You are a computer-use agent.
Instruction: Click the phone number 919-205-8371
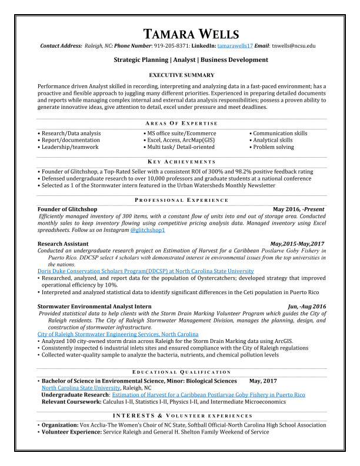171,45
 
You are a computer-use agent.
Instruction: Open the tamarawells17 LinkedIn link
235,45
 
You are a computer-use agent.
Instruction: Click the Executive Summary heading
181,75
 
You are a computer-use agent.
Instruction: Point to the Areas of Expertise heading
181,124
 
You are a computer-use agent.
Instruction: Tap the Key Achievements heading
181,162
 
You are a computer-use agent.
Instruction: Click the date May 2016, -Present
298,209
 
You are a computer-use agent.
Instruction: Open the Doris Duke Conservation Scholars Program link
138,271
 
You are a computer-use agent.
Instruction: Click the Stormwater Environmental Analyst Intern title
95,307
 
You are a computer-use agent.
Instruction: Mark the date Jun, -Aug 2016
306,307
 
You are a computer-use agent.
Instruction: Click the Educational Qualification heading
181,372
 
